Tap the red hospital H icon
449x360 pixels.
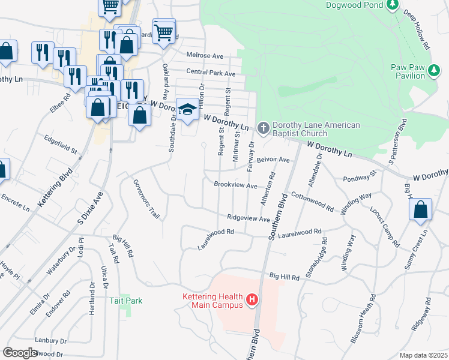[x=252, y=299]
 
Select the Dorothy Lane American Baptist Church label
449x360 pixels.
[x=316, y=129]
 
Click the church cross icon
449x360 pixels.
[x=263, y=127]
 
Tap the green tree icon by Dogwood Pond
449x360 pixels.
[x=393, y=5]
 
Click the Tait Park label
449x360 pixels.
[x=125, y=300]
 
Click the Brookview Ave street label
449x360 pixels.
[x=235, y=185]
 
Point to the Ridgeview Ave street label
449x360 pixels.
[x=249, y=219]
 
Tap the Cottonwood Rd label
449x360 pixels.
[x=312, y=201]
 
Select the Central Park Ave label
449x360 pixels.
[x=211, y=73]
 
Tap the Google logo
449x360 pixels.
[x=20, y=353]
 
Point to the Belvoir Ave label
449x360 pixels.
[x=273, y=160]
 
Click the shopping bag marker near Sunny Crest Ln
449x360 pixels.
[x=421, y=210]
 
